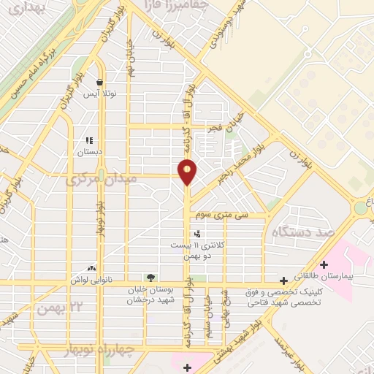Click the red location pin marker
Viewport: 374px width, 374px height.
click(188, 172)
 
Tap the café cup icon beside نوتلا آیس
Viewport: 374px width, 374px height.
click(99, 82)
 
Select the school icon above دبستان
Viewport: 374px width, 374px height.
click(90, 140)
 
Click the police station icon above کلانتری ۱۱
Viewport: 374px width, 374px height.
click(197, 234)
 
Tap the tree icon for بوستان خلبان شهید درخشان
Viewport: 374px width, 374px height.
click(150, 278)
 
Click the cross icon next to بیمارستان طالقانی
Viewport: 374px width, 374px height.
click(326, 264)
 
